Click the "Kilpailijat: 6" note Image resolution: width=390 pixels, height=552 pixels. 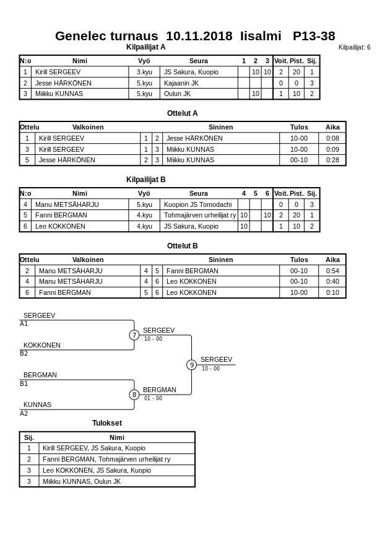(x=354, y=48)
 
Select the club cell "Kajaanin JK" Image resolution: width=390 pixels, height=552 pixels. (x=181, y=83)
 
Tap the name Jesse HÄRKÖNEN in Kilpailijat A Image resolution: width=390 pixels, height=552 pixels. (x=63, y=83)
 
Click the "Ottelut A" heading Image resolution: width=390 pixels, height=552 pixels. (x=182, y=113)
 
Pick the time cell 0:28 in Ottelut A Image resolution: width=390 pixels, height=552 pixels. (x=332, y=160)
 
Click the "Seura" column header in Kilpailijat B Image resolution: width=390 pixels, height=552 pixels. (x=198, y=193)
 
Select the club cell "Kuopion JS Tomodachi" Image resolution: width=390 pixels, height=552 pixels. (x=197, y=204)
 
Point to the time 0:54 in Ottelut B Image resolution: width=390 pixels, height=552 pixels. (x=332, y=271)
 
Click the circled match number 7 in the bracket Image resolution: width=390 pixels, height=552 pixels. (x=134, y=335)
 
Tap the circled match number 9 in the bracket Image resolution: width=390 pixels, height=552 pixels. (x=192, y=365)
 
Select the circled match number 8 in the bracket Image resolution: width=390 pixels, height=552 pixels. (x=134, y=395)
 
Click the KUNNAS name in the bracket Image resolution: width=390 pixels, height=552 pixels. (x=37, y=405)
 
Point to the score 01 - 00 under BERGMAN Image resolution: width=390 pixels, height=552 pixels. (x=153, y=398)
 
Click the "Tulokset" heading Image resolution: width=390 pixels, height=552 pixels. (x=107, y=423)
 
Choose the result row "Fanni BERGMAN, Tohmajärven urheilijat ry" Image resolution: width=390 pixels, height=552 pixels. (x=106, y=459)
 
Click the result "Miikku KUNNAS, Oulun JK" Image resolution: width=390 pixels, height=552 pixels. (x=82, y=481)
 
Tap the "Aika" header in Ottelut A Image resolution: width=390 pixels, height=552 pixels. (x=332, y=127)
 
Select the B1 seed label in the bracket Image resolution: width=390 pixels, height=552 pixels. (x=24, y=384)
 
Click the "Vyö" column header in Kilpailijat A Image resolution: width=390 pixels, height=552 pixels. (x=144, y=61)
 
